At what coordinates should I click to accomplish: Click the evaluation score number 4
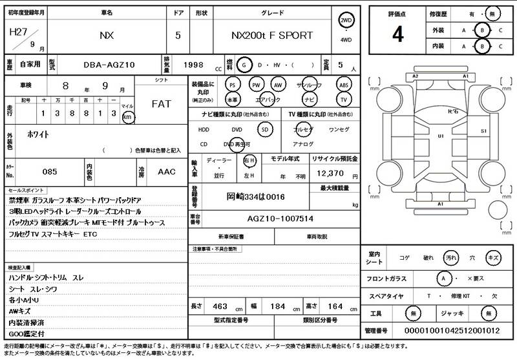click(x=397, y=34)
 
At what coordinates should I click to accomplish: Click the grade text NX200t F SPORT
click(x=271, y=36)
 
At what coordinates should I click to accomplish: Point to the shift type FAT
click(x=161, y=104)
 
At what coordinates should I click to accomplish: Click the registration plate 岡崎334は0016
click(x=256, y=196)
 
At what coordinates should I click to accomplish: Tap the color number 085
click(x=50, y=173)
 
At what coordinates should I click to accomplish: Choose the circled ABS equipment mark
click(x=344, y=85)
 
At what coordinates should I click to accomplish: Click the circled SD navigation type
click(x=264, y=129)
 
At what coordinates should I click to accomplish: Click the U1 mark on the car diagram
click(x=441, y=136)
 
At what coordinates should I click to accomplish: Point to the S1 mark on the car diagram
click(x=483, y=131)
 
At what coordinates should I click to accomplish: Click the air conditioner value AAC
click(x=167, y=173)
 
